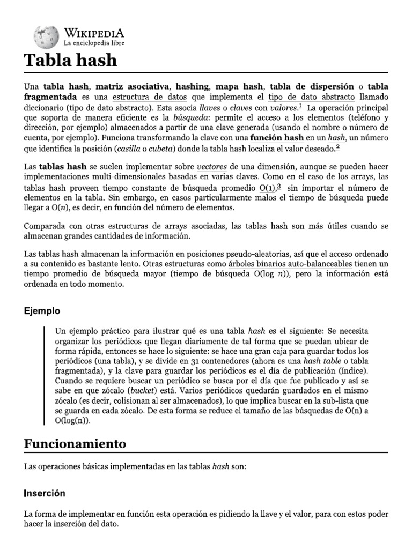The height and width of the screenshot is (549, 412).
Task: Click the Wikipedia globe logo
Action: [x=45, y=35]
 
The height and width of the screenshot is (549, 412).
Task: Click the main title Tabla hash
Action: [x=70, y=61]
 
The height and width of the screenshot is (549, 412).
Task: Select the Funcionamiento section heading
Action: [x=75, y=444]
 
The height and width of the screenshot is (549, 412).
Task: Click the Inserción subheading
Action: [x=45, y=493]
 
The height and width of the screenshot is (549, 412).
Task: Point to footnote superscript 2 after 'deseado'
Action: [x=352, y=147]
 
